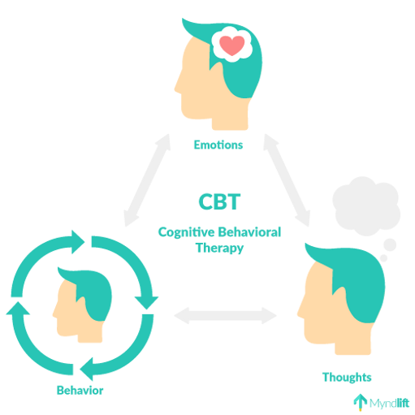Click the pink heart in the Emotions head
(x=232, y=45)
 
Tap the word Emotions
(x=218, y=145)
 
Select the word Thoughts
(x=347, y=377)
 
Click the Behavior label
(x=80, y=391)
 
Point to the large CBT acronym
(x=219, y=201)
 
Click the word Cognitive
(x=186, y=232)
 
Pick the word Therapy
(x=219, y=249)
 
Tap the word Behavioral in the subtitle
(x=249, y=232)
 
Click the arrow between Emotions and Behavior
(x=147, y=179)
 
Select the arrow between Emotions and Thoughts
(x=287, y=179)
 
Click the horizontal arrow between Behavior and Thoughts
(x=225, y=315)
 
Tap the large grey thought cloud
(x=366, y=206)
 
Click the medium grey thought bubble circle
(x=390, y=245)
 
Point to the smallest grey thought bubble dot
(x=383, y=258)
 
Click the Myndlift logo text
(x=389, y=404)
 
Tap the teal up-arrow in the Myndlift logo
(x=361, y=402)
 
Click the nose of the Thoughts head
(x=300, y=311)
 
